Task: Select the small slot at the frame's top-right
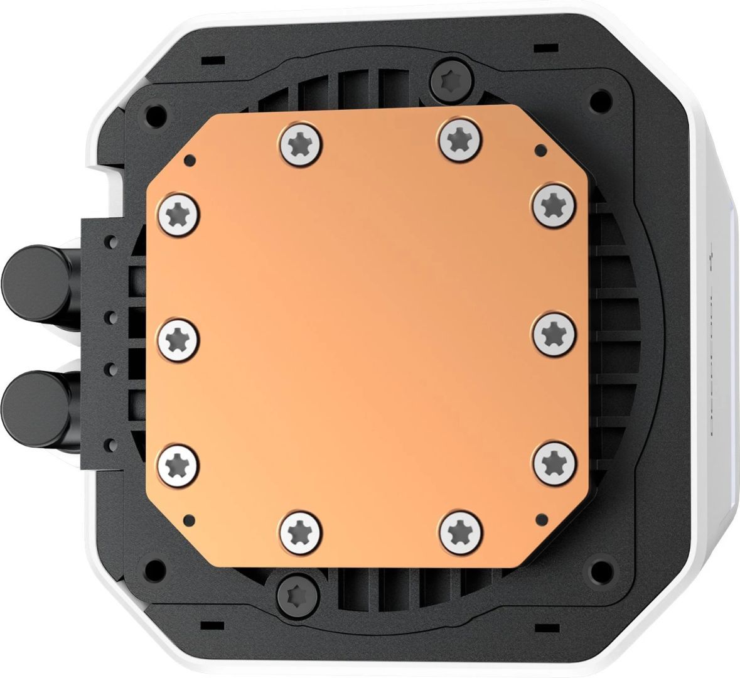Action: click(540, 48)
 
